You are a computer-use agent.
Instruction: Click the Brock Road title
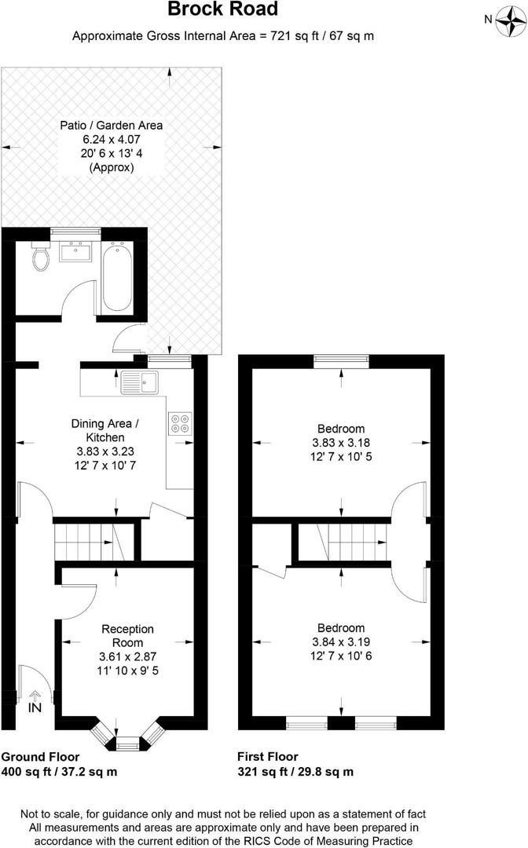[x=222, y=10]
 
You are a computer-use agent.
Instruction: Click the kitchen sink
[x=141, y=382]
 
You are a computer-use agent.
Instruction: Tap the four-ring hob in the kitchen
[x=180, y=423]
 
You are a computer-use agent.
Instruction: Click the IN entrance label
[x=35, y=707]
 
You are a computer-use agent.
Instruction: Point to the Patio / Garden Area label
[x=112, y=125]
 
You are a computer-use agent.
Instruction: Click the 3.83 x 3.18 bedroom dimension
[x=341, y=442]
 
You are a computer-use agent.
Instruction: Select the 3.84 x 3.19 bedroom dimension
[x=341, y=641]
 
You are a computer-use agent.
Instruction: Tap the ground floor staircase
[x=83, y=541]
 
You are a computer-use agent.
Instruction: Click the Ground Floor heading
[x=40, y=757]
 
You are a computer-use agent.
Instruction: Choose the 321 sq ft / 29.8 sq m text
[x=295, y=771]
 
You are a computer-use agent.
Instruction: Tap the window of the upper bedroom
[x=341, y=360]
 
